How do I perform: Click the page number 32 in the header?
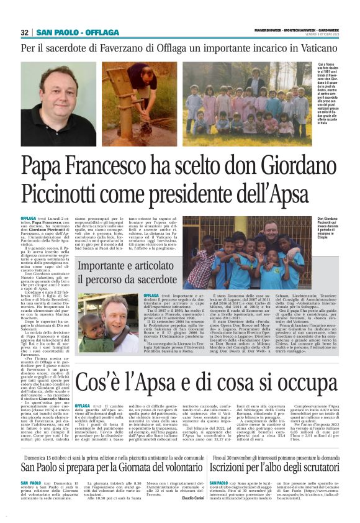[25, 32]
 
